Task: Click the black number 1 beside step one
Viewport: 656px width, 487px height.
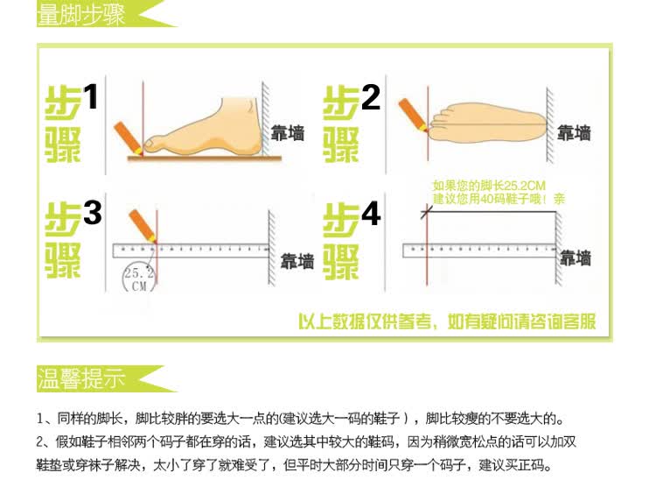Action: point(91,96)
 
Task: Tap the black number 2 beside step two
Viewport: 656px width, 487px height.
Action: point(370,97)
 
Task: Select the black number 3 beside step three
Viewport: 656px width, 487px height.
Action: point(92,213)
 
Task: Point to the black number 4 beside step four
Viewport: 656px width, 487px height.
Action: point(371,214)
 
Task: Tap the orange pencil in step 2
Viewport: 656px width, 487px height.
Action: point(414,116)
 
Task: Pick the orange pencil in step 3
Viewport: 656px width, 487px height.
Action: point(143,226)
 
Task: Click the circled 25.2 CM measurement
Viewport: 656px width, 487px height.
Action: point(139,279)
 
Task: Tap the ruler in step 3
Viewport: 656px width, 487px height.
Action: point(191,251)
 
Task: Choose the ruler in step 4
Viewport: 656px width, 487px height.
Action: point(479,251)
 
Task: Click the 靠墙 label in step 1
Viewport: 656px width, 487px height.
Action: point(287,133)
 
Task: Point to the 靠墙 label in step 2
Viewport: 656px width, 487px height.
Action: point(574,133)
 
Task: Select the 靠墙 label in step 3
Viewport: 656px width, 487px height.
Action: point(297,261)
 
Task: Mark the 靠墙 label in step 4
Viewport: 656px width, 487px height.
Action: point(576,258)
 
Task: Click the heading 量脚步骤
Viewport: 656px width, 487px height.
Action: point(81,15)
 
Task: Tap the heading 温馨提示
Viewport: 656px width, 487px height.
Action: point(81,379)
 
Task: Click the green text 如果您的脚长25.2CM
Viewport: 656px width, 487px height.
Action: point(489,186)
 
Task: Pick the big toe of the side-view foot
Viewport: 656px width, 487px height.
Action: point(152,143)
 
